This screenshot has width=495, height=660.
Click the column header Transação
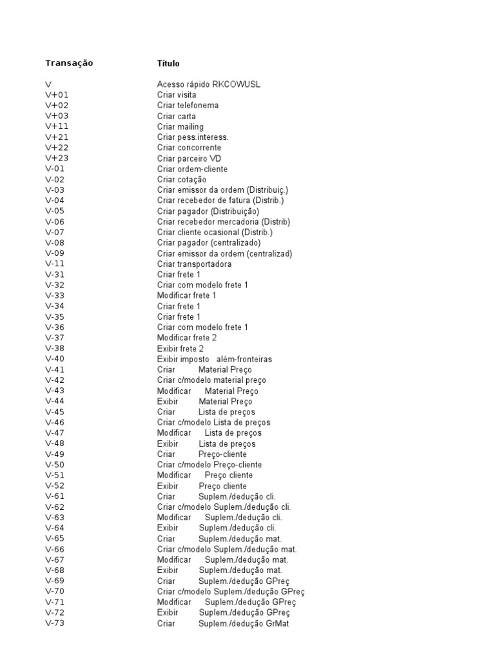69,63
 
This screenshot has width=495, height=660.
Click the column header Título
168,63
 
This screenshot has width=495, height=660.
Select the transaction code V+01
57,95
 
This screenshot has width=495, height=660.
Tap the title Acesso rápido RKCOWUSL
209,84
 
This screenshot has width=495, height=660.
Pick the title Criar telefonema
188,105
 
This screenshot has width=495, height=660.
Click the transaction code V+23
57,158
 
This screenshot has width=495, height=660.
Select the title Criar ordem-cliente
192,169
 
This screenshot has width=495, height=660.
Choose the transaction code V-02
55,179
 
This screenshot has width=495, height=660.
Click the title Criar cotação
182,179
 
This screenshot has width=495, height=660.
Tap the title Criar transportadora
194,264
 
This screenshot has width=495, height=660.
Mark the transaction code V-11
55,264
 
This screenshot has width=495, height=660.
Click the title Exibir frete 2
180,348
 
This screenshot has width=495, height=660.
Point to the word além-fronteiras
244,359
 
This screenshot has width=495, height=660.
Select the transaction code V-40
55,359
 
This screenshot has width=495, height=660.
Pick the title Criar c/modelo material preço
211,380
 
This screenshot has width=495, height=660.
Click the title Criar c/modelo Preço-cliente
209,465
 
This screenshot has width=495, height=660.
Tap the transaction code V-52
55,485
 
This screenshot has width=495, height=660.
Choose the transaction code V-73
55,623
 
